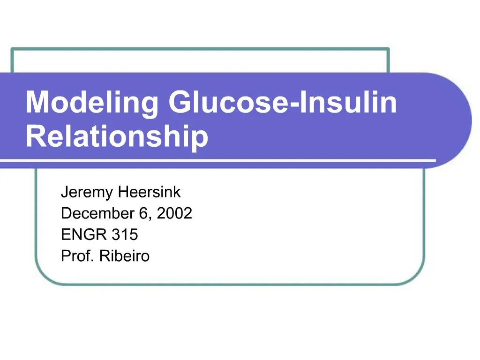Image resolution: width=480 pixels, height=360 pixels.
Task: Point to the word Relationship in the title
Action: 117,136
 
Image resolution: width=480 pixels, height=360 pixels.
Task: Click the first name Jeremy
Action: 88,192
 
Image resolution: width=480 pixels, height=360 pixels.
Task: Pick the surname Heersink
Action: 150,192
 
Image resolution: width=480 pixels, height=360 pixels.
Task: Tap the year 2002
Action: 174,214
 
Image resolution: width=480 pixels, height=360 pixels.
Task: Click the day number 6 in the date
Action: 143,214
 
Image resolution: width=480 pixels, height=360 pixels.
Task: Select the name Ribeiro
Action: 125,256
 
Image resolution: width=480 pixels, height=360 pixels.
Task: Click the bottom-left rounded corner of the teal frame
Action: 45,274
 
